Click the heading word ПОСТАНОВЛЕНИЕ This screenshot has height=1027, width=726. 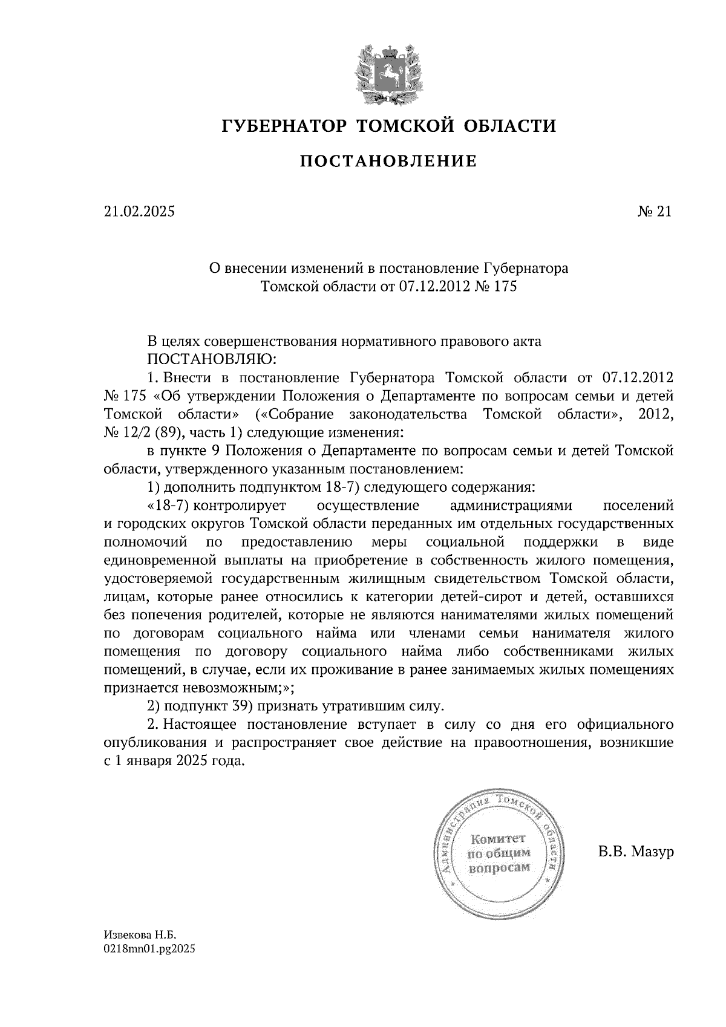[x=388, y=161]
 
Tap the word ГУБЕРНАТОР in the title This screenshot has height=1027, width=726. [x=283, y=126]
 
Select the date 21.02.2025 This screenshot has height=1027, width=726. [x=139, y=211]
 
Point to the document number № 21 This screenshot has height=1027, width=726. [x=654, y=211]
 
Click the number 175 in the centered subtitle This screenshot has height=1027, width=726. [x=505, y=286]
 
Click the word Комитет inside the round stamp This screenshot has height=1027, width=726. [x=499, y=839]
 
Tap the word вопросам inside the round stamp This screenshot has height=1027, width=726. [x=499, y=867]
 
